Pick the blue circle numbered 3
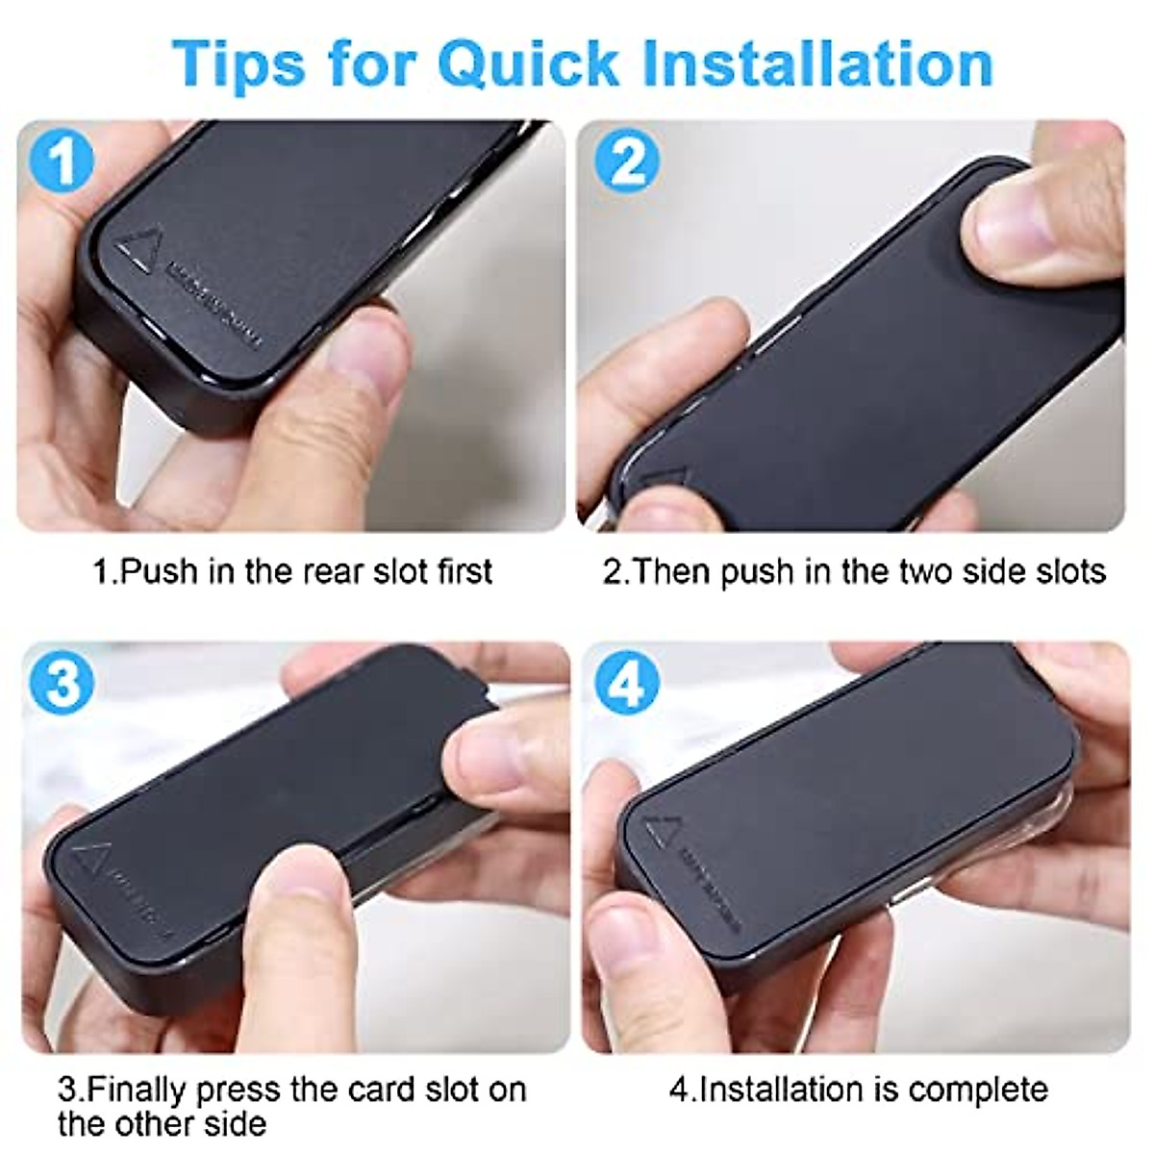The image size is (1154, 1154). (63, 685)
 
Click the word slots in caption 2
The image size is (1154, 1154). (1065, 571)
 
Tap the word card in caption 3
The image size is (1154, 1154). (381, 1091)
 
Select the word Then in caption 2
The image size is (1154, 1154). (671, 571)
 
